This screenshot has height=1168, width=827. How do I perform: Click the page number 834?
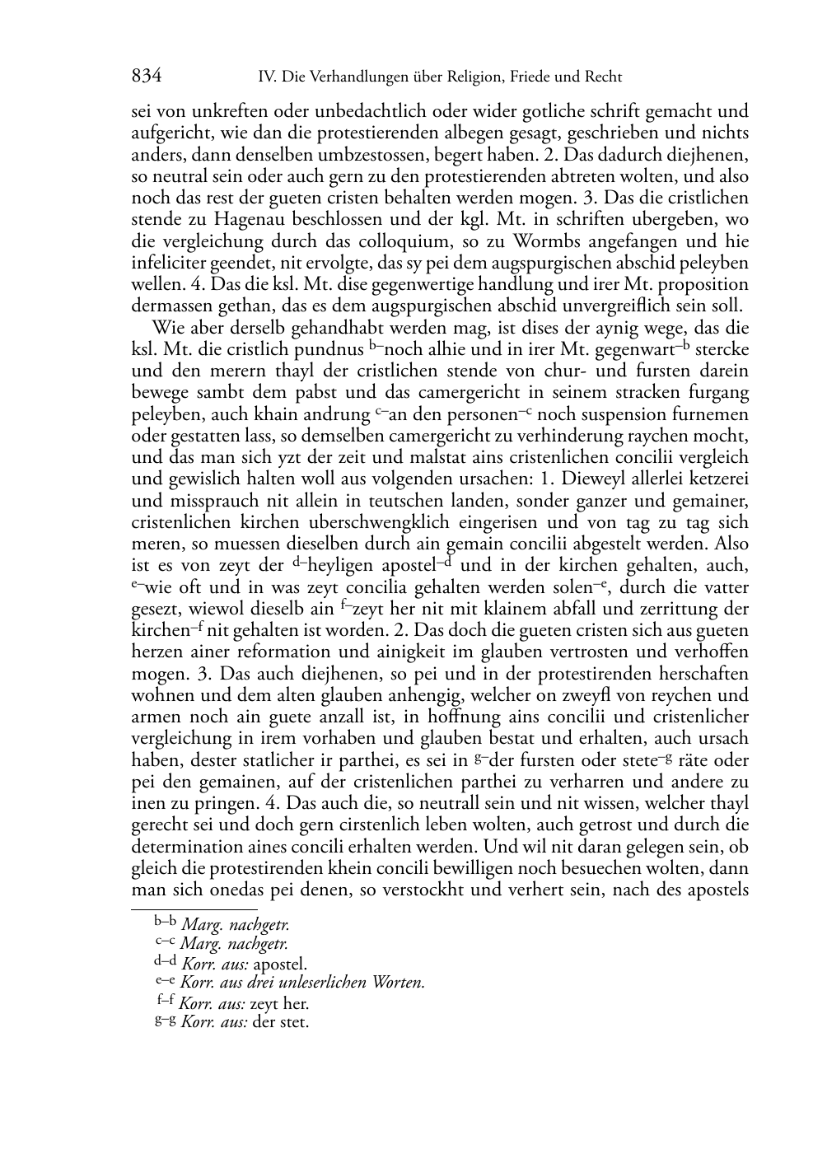click(x=146, y=77)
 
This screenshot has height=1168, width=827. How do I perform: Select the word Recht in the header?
click(x=603, y=77)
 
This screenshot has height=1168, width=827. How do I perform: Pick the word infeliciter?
click(x=171, y=263)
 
